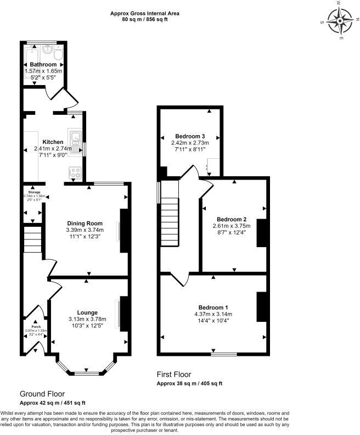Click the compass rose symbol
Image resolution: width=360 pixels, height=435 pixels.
coord(340,23)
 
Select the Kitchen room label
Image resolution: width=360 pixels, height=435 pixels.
coord(53,142)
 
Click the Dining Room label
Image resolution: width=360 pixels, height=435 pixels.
coord(85,223)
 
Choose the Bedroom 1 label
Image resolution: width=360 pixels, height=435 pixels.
coord(213,307)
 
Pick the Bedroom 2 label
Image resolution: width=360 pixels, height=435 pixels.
coord(231,218)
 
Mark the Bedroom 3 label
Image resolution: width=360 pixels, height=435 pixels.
coord(190,136)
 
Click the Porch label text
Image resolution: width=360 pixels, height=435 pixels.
coord(36,326)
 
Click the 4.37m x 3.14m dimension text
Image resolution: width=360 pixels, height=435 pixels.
coord(213,314)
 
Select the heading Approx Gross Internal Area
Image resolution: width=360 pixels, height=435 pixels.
coord(144,13)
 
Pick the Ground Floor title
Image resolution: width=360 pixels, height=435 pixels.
coord(42,394)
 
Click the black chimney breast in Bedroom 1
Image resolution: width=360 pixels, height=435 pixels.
coord(261,306)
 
